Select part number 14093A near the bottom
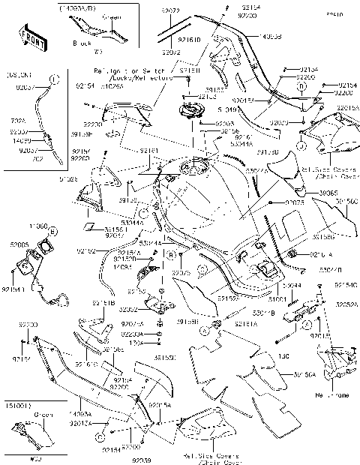click(80, 412)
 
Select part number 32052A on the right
click(346, 305)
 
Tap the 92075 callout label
click(294, 202)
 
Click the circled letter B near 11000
click(55, 232)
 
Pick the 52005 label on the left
click(19, 244)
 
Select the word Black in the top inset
click(80, 43)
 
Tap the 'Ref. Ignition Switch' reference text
click(130, 70)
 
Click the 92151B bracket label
click(103, 303)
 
